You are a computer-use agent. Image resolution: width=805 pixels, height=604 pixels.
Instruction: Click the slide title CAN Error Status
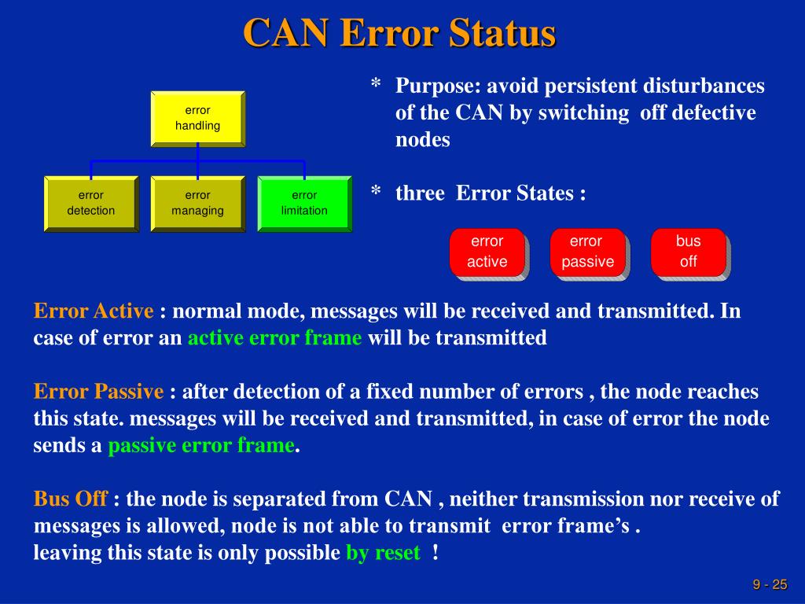(x=399, y=33)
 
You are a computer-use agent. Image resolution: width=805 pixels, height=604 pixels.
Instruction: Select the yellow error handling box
(x=197, y=118)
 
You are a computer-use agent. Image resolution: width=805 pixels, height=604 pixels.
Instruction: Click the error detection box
(x=91, y=203)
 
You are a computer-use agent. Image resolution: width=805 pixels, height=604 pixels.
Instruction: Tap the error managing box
(x=197, y=203)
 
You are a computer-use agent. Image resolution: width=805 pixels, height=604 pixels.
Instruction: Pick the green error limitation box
(x=304, y=203)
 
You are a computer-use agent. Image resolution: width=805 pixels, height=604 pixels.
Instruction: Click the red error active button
(x=487, y=252)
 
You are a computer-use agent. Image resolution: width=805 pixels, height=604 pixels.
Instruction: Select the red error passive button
(x=587, y=252)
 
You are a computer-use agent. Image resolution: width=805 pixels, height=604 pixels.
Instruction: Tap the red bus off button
(x=688, y=252)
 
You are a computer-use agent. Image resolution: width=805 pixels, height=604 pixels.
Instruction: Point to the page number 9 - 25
(x=770, y=584)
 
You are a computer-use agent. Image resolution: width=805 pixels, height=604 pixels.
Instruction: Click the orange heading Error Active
(x=94, y=311)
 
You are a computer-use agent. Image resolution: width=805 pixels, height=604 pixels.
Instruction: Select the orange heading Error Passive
(x=98, y=392)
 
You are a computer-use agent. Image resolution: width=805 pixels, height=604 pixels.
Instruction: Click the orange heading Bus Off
(x=70, y=499)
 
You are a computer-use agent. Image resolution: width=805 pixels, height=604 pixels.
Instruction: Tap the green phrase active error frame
(x=274, y=338)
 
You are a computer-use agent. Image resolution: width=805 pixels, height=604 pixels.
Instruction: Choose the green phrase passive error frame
(x=200, y=446)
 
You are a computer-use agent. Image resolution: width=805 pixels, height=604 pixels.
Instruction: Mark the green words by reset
(x=383, y=553)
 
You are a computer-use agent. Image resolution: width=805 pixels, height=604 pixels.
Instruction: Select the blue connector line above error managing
(x=197, y=167)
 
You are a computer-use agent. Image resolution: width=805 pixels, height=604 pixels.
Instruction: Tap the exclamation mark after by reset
(x=435, y=553)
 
